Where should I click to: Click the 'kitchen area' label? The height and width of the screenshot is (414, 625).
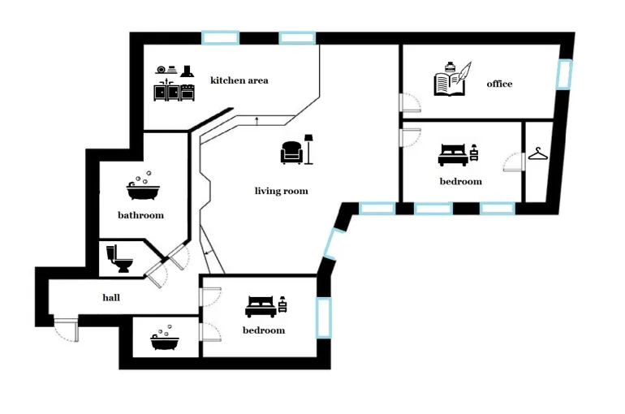point(239,80)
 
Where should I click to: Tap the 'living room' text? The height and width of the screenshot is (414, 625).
point(282,191)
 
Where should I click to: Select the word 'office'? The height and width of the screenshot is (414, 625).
point(499,84)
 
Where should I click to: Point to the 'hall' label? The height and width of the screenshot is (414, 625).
point(111,297)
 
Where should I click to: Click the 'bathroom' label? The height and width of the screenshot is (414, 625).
point(140,215)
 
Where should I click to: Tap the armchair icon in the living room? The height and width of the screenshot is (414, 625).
point(291,153)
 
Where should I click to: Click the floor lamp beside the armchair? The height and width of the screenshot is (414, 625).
point(308,149)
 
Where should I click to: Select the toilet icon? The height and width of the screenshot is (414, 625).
point(119,259)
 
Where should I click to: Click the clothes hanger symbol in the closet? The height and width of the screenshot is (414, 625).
point(538,153)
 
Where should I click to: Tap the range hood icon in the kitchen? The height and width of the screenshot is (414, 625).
point(187,71)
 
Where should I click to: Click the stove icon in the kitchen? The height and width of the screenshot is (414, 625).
point(187,92)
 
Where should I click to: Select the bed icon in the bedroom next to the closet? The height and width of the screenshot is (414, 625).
point(453,154)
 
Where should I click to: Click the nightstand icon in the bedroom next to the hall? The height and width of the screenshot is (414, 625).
point(282,304)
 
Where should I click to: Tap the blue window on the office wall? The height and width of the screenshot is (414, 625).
point(564,74)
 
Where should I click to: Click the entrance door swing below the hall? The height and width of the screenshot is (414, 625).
point(67,330)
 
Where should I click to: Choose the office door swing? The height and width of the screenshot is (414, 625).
point(410,103)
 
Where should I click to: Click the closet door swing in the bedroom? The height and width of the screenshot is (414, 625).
point(514,162)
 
